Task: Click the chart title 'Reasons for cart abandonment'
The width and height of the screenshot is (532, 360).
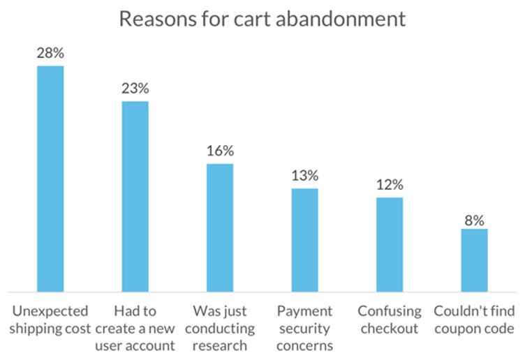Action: (262, 19)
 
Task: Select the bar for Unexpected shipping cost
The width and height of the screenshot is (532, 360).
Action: (50, 179)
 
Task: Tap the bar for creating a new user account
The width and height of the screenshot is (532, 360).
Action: (135, 196)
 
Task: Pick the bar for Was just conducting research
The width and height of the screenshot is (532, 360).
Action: (220, 227)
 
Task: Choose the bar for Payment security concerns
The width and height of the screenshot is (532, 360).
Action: (305, 240)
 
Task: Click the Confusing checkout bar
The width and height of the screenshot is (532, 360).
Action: (390, 244)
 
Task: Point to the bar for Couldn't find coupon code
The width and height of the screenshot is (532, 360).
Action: (474, 260)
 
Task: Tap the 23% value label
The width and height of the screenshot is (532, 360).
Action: (135, 89)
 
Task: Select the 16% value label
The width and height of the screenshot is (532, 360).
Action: (220, 151)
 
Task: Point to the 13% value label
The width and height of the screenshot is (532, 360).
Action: (305, 176)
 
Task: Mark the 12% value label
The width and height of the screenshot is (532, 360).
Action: (390, 186)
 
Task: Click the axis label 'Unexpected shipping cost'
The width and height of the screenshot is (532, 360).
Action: (50, 320)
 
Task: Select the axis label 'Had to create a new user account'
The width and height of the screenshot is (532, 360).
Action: (135, 328)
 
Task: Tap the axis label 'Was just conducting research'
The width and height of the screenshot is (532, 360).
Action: (220, 328)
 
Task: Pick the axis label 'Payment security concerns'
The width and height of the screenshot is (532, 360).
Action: (305, 328)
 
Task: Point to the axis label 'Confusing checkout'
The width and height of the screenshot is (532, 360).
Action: (390, 320)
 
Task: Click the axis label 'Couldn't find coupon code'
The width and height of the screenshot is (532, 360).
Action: (474, 320)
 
